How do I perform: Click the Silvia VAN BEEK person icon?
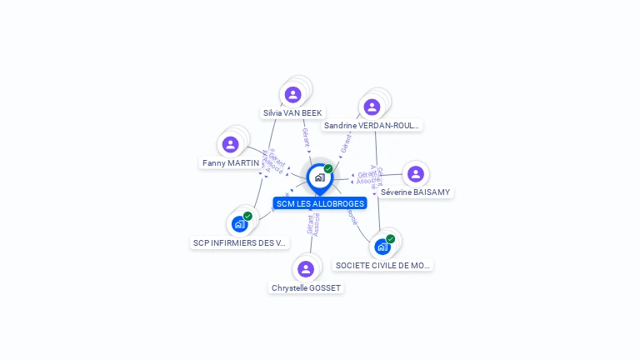coord(292,95)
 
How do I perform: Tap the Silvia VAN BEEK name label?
coord(292,112)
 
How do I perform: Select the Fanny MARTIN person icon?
coord(231,145)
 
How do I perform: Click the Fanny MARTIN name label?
coord(231,162)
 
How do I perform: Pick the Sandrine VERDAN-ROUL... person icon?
coord(372,107)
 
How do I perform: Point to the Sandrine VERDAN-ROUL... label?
coord(372,125)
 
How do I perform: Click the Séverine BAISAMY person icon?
coord(415,174)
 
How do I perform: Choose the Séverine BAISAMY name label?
coord(415,192)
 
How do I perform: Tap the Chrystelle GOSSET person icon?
coord(306,268)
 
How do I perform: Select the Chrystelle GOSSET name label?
coord(306,287)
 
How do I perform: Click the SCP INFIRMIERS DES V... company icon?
coord(239,224)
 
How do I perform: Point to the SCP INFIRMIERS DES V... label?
coord(239,242)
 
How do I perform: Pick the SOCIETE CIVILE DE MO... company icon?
coord(382,247)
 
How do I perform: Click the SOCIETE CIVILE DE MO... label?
coord(382,265)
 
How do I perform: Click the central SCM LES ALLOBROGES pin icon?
coord(319,177)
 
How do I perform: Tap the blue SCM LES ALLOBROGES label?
coord(320,203)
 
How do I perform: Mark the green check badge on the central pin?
coord(328,169)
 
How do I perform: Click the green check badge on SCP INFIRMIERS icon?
coord(247,217)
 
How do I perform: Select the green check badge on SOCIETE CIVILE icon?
coord(390,239)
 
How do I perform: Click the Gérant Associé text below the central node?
coord(313,225)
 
